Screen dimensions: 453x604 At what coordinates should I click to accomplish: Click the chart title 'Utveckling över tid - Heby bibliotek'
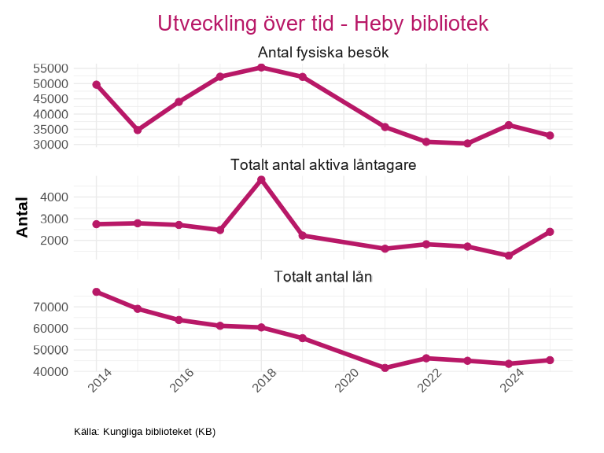(x=323, y=24)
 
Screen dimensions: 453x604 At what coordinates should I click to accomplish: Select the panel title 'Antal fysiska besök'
(x=323, y=53)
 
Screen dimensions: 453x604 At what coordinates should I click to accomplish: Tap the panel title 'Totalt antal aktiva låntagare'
(x=323, y=165)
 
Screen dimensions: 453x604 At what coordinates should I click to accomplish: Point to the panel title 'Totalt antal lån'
(x=323, y=277)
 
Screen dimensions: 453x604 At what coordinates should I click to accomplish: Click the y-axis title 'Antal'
(x=23, y=216)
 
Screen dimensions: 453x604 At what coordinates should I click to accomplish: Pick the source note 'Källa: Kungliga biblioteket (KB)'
(x=145, y=432)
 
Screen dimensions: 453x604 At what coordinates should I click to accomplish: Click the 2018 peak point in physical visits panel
(x=261, y=68)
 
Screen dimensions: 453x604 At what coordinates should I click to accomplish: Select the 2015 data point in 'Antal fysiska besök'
(x=138, y=130)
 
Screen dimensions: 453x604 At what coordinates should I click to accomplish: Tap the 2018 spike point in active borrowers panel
(x=261, y=180)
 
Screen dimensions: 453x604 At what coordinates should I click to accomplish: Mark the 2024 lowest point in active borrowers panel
(x=509, y=256)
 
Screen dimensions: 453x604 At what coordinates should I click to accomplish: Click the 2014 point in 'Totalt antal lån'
(x=96, y=292)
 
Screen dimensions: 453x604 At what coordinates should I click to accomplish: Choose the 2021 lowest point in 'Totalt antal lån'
(x=385, y=368)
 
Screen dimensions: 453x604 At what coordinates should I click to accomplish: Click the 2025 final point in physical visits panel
(x=550, y=135)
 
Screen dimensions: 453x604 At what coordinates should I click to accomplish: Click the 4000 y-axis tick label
(x=55, y=197)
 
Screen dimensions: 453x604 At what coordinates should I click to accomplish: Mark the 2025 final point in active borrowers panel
(x=550, y=232)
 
